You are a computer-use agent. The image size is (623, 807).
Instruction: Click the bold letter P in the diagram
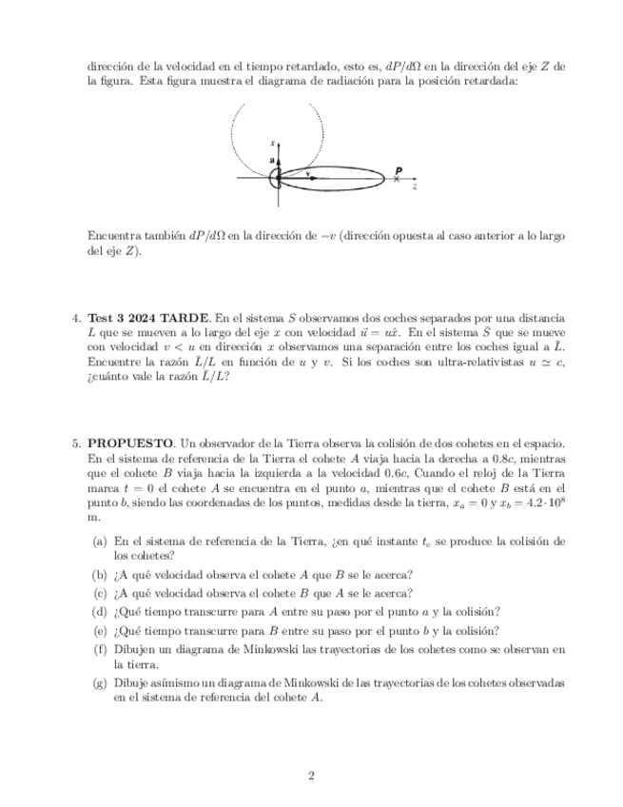pyautogui.click(x=399, y=170)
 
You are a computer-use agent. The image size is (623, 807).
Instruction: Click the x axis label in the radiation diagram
pyautogui.click(x=272, y=142)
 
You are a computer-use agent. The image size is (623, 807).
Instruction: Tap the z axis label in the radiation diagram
pyautogui.click(x=415, y=187)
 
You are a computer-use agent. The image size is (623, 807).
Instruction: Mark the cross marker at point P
pyautogui.click(x=398, y=178)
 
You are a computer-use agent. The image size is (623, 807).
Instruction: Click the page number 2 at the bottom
pyautogui.click(x=311, y=776)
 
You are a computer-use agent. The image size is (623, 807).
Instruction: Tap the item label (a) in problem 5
pyautogui.click(x=99, y=541)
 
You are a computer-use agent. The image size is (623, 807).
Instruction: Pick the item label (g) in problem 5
pyautogui.click(x=99, y=682)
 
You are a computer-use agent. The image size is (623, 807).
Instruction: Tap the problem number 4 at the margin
pyautogui.click(x=77, y=317)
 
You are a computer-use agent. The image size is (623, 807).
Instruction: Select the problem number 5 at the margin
pyautogui.click(x=77, y=443)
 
